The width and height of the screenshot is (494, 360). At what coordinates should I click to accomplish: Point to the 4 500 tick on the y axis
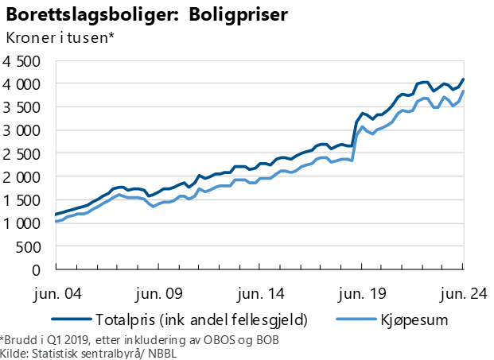tap(22, 61)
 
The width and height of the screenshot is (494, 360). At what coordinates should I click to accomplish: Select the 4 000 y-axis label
tap(22, 84)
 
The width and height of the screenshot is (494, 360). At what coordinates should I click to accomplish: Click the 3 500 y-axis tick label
tap(22, 107)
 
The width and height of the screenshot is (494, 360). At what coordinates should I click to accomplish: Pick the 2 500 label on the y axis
tap(22, 154)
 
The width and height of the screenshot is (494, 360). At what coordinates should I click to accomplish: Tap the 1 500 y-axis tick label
tap(22, 200)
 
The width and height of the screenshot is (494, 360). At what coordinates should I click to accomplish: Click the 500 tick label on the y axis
tap(29, 247)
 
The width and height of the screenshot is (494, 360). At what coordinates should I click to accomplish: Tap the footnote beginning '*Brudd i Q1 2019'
tap(140, 340)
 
